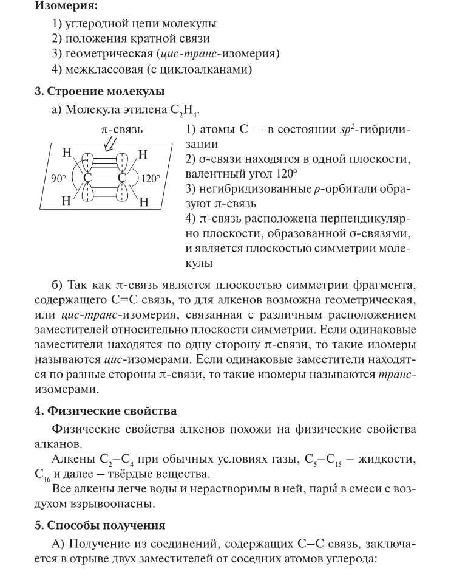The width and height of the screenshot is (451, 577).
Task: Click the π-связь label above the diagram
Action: point(122,130)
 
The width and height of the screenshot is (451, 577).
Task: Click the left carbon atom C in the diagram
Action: point(88,178)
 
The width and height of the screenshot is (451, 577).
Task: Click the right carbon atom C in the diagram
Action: point(123,178)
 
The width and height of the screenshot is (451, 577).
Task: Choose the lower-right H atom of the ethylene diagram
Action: point(144,203)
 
